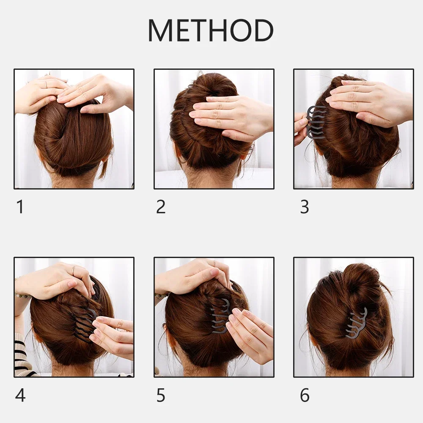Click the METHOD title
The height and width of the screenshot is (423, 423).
click(x=210, y=30)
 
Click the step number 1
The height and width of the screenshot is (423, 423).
click(x=20, y=207)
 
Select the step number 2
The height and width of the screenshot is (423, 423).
click(x=161, y=207)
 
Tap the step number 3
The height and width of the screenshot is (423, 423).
click(x=305, y=207)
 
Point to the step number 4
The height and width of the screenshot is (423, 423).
click(x=20, y=395)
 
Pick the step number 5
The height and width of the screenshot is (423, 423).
click(x=161, y=395)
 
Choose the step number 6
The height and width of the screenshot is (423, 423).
click(x=305, y=395)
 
